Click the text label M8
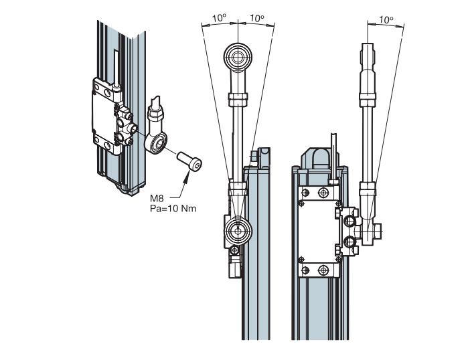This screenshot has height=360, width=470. point(157,199)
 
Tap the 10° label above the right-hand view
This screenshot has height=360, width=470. point(386,20)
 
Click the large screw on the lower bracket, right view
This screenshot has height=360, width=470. point(324,270)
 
